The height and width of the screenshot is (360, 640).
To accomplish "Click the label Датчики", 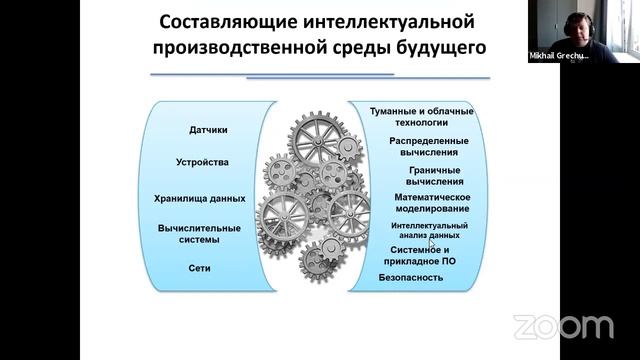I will click(x=208, y=130).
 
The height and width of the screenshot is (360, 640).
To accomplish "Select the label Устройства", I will click(x=208, y=162).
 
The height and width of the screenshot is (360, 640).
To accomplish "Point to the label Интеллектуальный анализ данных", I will click(x=424, y=231).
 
